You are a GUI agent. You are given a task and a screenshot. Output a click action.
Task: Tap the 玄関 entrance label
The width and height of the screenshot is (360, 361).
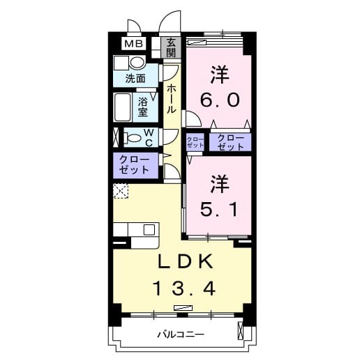[x=170, y=47]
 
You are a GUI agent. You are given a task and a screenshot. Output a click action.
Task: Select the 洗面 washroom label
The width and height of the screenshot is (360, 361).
[x=135, y=79]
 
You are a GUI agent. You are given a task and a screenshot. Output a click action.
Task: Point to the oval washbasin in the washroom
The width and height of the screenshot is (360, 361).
[x=137, y=63]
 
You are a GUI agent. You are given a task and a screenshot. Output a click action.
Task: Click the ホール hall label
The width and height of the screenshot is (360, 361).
[x=171, y=100]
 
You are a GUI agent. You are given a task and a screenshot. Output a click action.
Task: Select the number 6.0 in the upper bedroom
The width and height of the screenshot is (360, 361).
[x=220, y=99]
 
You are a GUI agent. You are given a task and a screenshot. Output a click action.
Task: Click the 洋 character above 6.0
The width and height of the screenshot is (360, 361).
[x=220, y=73]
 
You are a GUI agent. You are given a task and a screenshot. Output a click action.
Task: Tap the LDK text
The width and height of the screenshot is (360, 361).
[x=183, y=261]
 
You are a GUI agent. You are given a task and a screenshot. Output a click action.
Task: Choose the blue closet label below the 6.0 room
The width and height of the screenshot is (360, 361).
[x=230, y=141]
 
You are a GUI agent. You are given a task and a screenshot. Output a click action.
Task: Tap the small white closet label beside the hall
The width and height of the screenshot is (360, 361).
[x=195, y=142]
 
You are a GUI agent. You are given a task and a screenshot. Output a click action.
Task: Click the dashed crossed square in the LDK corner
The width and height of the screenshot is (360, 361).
[x=121, y=190]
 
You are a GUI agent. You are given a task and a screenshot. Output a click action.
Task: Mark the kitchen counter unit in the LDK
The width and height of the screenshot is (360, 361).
[x=137, y=230]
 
